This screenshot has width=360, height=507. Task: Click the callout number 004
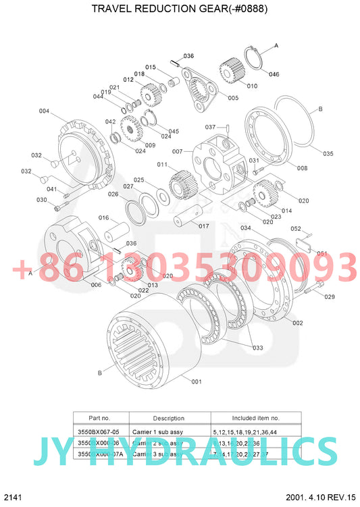[x=44, y=111]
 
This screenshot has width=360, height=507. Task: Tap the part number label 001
[x=197, y=381]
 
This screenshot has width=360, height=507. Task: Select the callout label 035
[x=328, y=154]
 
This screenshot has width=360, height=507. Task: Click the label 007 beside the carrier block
[x=177, y=151]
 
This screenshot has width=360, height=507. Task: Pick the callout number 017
[x=203, y=225]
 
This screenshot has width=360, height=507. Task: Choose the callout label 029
[x=329, y=296]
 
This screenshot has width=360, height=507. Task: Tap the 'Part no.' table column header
[x=101, y=418]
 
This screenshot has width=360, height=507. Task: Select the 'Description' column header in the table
[x=168, y=418]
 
